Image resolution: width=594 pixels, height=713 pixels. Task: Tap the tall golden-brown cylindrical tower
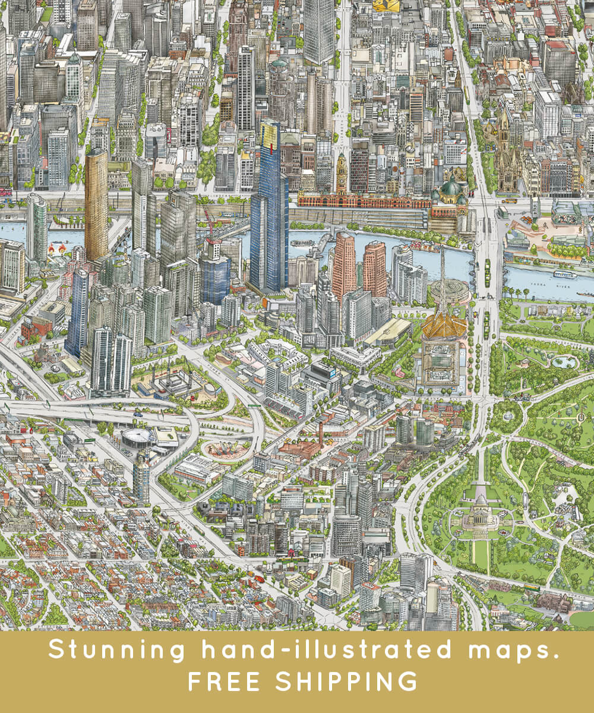click(96, 202)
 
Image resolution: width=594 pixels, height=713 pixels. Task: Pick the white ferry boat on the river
click(564, 275)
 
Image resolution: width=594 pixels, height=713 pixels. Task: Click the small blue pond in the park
click(563, 361)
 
